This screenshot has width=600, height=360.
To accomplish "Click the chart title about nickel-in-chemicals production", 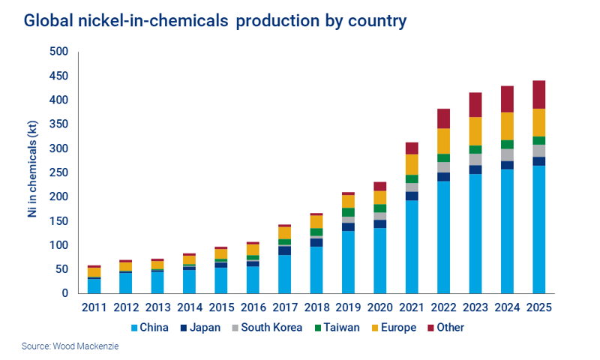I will coord(215,21).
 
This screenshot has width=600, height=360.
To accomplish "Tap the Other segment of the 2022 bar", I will coord(443,118).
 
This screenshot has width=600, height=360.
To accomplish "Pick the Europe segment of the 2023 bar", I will coord(475,131).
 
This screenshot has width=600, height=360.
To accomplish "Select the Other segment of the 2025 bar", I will coord(538,94).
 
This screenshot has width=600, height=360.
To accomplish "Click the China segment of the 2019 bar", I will coord(348,262).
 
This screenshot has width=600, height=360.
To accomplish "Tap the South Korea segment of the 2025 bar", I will coord(538,151).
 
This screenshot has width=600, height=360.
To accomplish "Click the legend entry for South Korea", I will coord(268,328).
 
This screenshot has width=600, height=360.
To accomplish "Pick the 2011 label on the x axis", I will coord(94,308).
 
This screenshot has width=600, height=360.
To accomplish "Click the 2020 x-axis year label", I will coord(379,308).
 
